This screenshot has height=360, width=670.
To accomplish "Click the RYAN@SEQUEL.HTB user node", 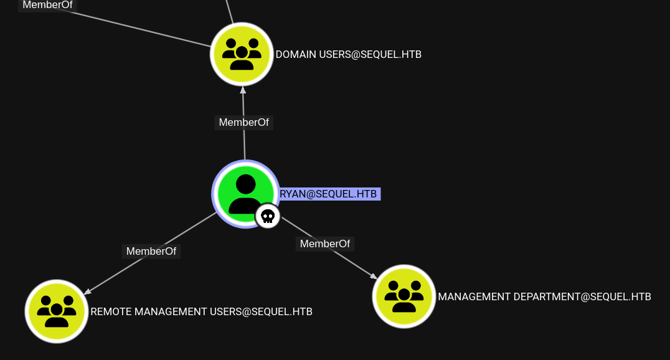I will (x=245, y=193).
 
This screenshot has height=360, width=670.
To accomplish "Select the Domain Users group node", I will (x=242, y=54).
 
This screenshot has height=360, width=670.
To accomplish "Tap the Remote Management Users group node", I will (x=56, y=311).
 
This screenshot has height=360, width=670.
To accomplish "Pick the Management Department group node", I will (x=403, y=296).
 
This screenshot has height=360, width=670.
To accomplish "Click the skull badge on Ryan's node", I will (x=268, y=216).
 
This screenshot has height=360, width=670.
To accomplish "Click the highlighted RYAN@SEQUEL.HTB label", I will (x=329, y=194).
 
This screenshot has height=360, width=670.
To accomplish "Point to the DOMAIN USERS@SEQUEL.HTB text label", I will (x=348, y=55).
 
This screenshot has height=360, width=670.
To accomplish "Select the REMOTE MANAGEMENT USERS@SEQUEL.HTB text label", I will (x=201, y=311).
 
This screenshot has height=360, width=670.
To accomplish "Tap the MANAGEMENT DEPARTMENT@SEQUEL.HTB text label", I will (x=544, y=296).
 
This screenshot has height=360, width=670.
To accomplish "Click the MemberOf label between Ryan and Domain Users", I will (x=243, y=122).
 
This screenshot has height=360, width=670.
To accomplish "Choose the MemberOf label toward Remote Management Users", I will (x=151, y=251).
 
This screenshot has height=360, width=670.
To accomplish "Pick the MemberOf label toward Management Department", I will (x=324, y=244).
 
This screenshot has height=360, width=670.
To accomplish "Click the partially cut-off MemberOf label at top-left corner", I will (x=47, y=5).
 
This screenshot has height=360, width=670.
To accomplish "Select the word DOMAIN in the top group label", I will (x=296, y=55).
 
